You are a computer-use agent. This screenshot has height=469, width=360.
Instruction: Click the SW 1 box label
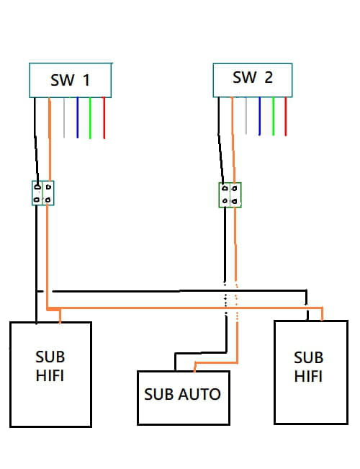[x=71, y=80]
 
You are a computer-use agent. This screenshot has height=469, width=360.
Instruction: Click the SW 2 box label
[x=253, y=78]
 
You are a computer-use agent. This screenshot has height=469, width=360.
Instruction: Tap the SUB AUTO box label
[x=182, y=394]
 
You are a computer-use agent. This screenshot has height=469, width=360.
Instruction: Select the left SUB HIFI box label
[x=50, y=366]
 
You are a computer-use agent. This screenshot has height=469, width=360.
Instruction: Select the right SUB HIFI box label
[x=308, y=367]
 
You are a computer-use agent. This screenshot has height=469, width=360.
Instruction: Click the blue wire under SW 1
[x=78, y=117]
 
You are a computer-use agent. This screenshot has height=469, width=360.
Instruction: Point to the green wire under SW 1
[x=90, y=118]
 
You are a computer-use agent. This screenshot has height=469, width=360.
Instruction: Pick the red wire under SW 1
[x=104, y=118]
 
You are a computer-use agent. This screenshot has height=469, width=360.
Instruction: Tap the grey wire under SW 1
[x=64, y=117]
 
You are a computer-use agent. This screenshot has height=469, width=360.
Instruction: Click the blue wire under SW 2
[x=259, y=116]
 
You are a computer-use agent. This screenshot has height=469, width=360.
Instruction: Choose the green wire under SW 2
[x=273, y=116]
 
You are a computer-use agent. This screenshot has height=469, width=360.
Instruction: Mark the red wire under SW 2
[x=286, y=117]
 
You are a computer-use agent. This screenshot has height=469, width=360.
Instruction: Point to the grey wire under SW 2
[x=246, y=115]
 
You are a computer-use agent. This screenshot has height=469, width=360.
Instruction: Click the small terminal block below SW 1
[x=43, y=193]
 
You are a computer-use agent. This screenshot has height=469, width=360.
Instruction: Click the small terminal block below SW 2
[x=230, y=195]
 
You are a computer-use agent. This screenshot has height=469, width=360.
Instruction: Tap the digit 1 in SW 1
[x=86, y=80]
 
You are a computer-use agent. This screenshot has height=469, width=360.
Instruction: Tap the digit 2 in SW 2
[x=269, y=78]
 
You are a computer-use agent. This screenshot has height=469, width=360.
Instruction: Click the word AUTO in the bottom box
[x=199, y=394]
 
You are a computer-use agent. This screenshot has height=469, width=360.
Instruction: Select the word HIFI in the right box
[x=308, y=376]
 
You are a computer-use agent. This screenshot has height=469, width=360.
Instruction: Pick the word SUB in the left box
[x=50, y=357]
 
